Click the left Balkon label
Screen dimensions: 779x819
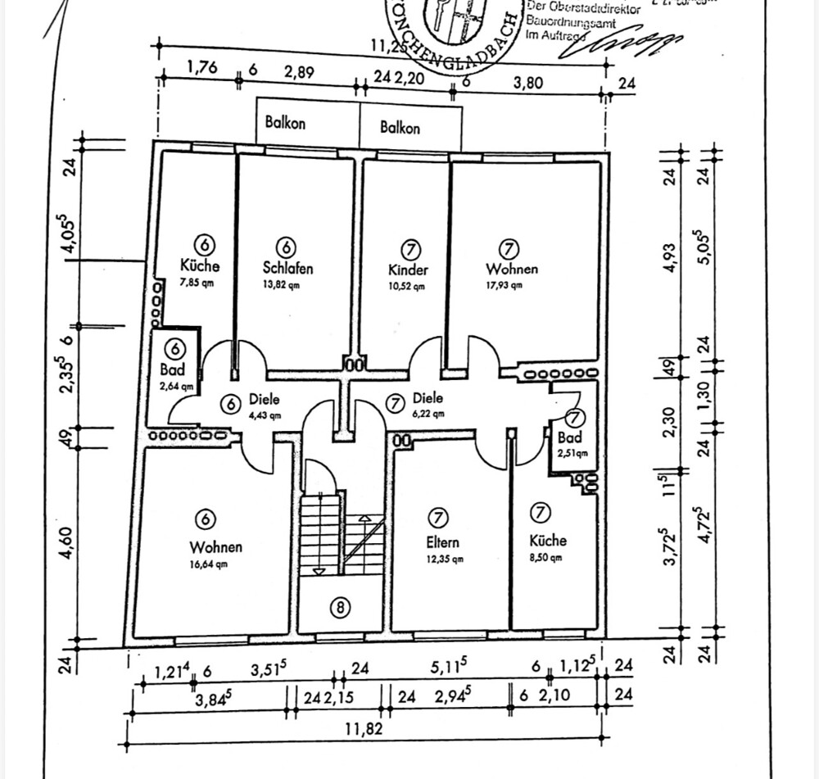[x=285, y=123]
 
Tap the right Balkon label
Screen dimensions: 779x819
[x=400, y=128]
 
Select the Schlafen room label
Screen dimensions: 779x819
[x=287, y=268]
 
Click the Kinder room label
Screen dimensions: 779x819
[x=408, y=269]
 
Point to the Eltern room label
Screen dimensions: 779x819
[x=442, y=541]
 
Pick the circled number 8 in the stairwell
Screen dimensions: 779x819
[x=340, y=607]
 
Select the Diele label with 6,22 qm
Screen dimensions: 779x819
[x=428, y=398]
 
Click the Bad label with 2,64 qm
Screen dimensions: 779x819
[x=173, y=370]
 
